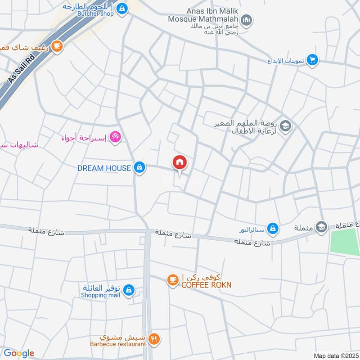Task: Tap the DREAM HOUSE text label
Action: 104,168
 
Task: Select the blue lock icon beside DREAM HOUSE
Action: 140,168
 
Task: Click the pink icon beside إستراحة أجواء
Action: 115,136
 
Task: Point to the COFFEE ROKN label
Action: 207,284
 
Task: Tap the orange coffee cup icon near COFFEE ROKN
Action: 172,280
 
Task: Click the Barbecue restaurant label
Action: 118,344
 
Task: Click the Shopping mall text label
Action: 100,295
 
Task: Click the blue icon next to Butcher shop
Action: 121,8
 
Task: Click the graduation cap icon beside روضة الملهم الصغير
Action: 285,126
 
